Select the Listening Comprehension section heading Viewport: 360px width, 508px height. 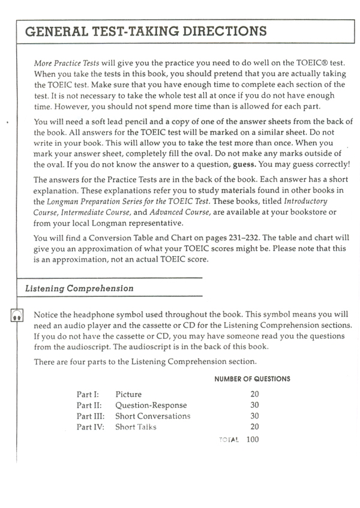[79, 288]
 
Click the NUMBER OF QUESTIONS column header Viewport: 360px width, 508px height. [252, 379]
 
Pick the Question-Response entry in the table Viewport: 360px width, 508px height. [151, 405]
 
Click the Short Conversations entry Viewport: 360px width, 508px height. [152, 416]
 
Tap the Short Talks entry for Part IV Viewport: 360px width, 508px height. [136, 427]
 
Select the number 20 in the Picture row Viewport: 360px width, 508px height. [254, 394]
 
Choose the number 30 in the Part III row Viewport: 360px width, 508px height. [254, 416]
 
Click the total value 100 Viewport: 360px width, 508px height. [252, 440]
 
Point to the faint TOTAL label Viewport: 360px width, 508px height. [229, 440]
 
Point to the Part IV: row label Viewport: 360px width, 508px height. [90, 427]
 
